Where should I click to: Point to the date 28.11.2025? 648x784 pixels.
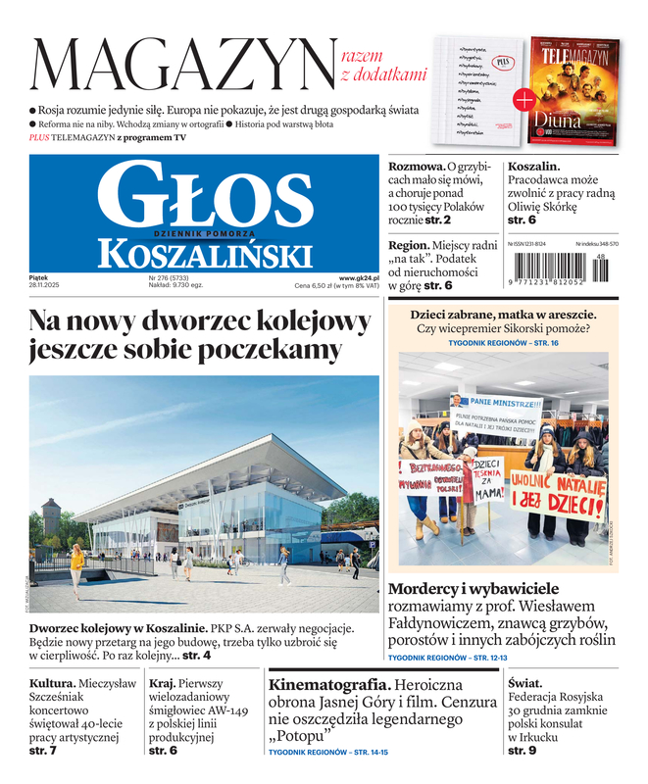tap(45, 286)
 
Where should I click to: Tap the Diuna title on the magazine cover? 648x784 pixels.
tap(558, 121)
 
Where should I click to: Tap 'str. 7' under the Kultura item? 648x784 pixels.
tap(43, 751)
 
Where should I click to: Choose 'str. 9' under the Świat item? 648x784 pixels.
tap(522, 751)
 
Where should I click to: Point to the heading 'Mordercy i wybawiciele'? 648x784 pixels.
tap(474, 589)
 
